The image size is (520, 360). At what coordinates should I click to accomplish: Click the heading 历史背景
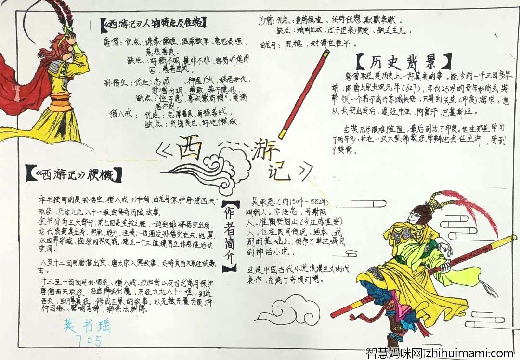click(x=404, y=62)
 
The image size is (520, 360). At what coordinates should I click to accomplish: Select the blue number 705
click(x=89, y=342)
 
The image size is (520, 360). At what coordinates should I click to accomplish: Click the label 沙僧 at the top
click(x=266, y=21)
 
